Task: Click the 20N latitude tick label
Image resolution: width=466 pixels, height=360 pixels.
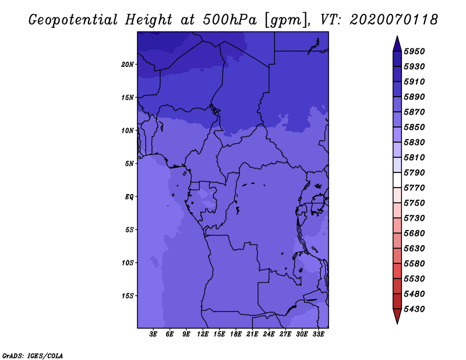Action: (x=127, y=65)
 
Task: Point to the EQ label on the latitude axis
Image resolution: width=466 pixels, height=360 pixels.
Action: (x=129, y=197)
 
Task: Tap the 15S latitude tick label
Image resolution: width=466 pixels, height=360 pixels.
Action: (x=127, y=296)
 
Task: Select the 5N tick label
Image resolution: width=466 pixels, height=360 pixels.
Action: (x=129, y=164)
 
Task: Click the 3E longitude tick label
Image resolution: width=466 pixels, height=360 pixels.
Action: (x=153, y=334)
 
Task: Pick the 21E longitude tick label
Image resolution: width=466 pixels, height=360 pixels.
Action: (x=252, y=334)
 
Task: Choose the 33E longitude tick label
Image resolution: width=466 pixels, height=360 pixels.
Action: (x=318, y=334)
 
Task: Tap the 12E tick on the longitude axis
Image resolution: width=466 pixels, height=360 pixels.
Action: (x=202, y=334)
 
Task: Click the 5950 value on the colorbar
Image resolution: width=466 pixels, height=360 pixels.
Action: (x=414, y=51)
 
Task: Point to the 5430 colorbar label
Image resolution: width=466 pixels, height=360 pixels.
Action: (x=414, y=309)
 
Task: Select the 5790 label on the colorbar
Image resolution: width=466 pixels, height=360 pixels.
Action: (x=414, y=172)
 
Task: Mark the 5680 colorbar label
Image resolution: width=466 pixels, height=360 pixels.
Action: (x=414, y=234)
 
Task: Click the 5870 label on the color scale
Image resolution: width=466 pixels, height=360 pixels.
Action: (x=414, y=112)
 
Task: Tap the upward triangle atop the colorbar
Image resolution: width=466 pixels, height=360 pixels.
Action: (x=397, y=44)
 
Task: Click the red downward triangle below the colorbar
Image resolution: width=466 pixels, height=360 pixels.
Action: (x=397, y=316)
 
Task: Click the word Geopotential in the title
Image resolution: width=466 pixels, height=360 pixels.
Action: (x=73, y=20)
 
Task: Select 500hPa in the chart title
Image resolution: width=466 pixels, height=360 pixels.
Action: (x=230, y=20)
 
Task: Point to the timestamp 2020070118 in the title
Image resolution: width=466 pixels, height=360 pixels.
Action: (x=394, y=20)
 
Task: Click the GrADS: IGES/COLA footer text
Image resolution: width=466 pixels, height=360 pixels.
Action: (x=33, y=356)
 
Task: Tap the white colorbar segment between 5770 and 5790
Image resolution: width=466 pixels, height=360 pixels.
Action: (x=397, y=180)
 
